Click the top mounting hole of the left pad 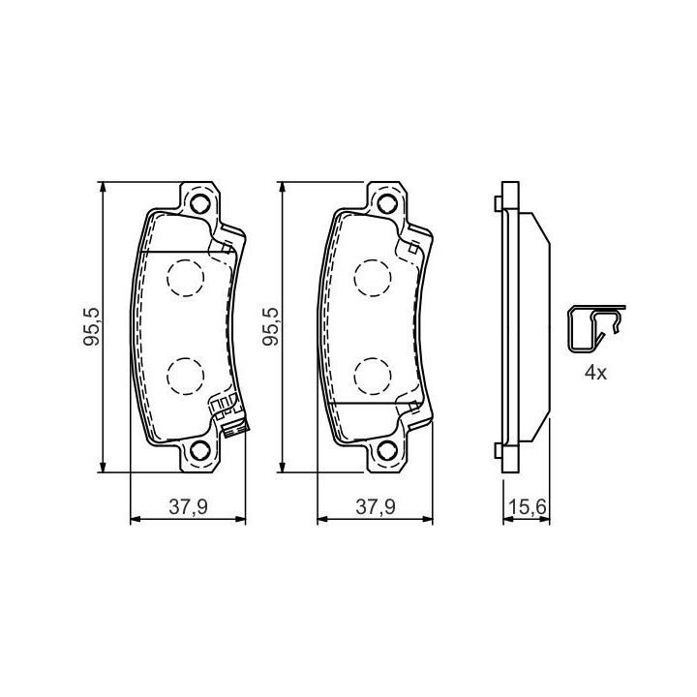tap(199, 203)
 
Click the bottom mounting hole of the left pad tap(199, 451)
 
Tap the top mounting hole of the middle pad tap(386, 203)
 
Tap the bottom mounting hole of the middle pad tap(386, 451)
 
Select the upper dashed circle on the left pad tap(185, 278)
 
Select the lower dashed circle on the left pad tap(185, 376)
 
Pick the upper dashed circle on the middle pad tap(373, 278)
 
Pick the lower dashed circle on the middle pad tap(373, 376)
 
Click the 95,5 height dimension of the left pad tap(92, 327)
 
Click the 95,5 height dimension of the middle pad tap(271, 327)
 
